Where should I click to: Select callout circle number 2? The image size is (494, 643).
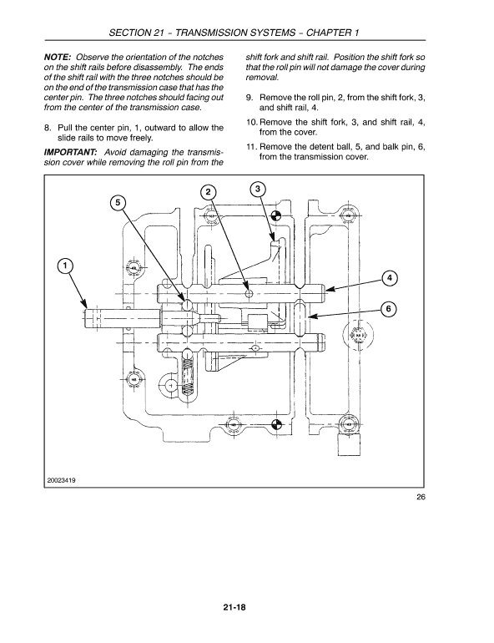(x=207, y=192)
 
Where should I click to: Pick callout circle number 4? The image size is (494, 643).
(x=389, y=277)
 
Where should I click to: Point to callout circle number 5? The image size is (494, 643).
(x=119, y=203)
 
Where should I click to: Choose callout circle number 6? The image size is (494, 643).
(x=389, y=309)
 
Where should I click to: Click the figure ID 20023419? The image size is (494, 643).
(x=66, y=479)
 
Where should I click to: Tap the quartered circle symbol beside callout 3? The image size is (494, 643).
(x=277, y=215)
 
